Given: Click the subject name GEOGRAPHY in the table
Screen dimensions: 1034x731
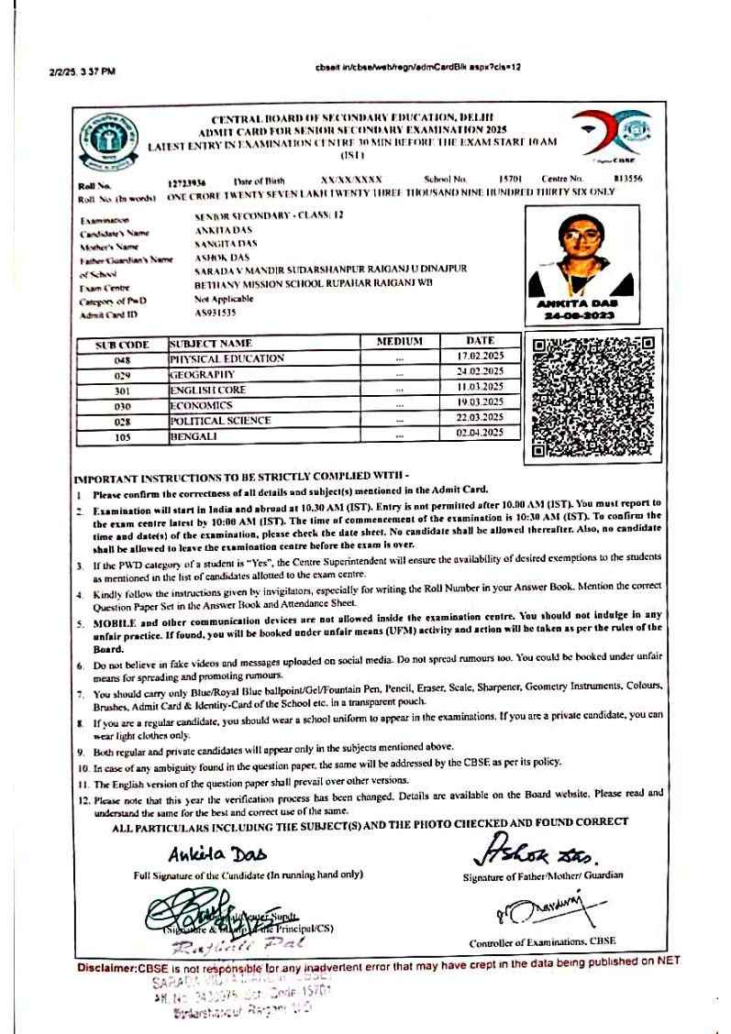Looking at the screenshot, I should [x=203, y=375].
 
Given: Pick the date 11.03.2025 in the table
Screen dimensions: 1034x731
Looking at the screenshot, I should [x=480, y=390].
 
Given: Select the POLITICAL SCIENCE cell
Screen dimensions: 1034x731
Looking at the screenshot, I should [x=220, y=421].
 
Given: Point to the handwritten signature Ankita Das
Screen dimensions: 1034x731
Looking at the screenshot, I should [x=216, y=854].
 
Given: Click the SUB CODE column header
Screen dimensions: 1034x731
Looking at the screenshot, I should [x=123, y=345].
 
